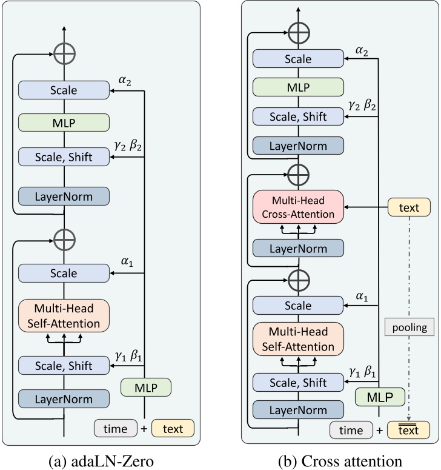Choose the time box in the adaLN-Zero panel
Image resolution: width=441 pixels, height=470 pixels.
pyautogui.click(x=115, y=428)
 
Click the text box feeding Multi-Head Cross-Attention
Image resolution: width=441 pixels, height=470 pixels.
pyautogui.click(x=409, y=208)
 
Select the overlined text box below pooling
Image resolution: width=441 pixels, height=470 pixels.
pyautogui.click(x=409, y=431)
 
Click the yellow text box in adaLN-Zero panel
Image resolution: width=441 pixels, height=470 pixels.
pyautogui.click(x=173, y=428)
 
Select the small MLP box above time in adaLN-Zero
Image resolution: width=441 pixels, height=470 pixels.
pyautogui.click(x=146, y=387)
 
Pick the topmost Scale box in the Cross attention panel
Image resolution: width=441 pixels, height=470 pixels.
pyautogui.click(x=298, y=59)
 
